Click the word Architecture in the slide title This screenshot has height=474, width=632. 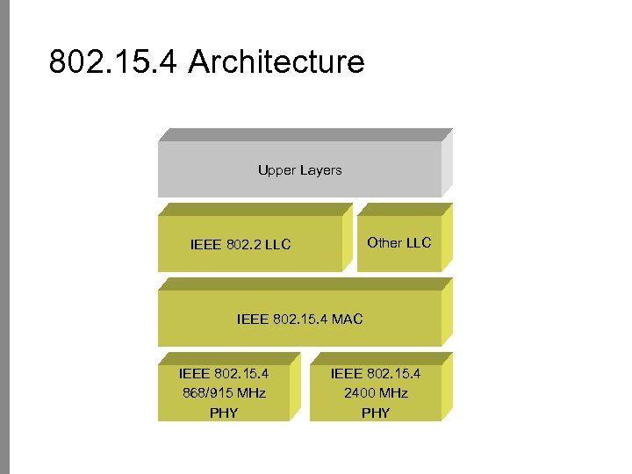pyautogui.click(x=276, y=63)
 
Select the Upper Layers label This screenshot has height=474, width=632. pyautogui.click(x=299, y=170)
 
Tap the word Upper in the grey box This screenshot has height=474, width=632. pyautogui.click(x=276, y=170)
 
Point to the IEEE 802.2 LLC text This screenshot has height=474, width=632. pyautogui.click(x=241, y=245)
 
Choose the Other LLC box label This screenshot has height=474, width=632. pyautogui.click(x=399, y=243)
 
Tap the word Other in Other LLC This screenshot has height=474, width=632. pyautogui.click(x=384, y=243)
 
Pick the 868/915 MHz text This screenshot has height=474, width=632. pyautogui.click(x=224, y=393)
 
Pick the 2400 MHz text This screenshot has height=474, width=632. pyautogui.click(x=376, y=393)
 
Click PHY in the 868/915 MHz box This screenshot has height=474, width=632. pyautogui.click(x=224, y=413)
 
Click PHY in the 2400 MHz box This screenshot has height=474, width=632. pyautogui.click(x=376, y=413)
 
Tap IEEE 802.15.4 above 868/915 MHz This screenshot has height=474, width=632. pyautogui.click(x=224, y=374)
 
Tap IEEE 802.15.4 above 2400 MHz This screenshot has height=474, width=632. pyautogui.click(x=376, y=374)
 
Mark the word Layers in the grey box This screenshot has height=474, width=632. pyautogui.click(x=320, y=170)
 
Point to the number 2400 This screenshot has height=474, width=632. pyautogui.click(x=360, y=393)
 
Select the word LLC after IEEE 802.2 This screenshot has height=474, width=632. pyautogui.click(x=276, y=245)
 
